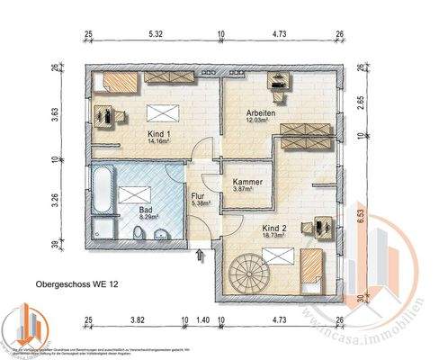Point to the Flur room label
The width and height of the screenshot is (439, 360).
point(199,193)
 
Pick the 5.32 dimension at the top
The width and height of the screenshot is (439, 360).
point(154,35)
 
